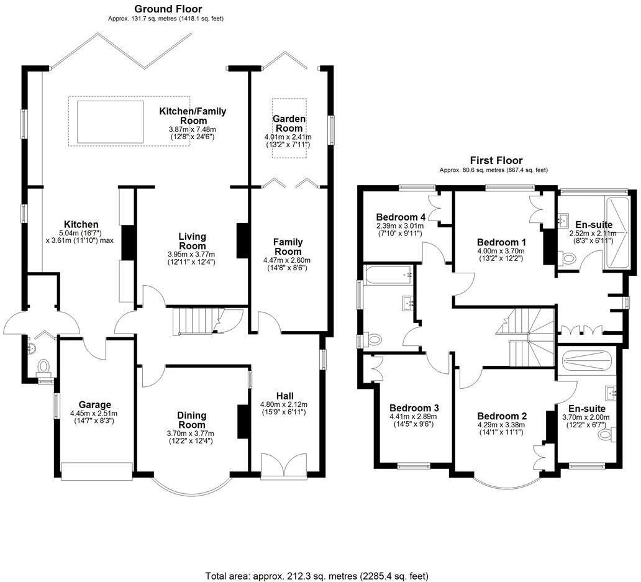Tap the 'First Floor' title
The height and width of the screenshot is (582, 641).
tap(496, 160)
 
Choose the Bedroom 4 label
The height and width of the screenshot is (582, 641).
tap(401, 217)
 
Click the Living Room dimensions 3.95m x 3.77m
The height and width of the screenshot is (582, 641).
tap(191, 255)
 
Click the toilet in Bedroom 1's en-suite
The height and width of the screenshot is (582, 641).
tap(566, 258)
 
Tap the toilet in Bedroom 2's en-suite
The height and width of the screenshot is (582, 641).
tap(604, 436)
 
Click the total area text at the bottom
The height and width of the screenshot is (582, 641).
tap(316, 576)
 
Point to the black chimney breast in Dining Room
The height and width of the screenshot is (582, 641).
tap(242, 422)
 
